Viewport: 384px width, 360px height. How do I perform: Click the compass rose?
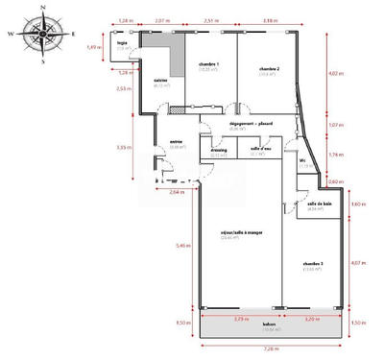coord(41,33)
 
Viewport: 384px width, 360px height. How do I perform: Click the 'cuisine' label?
coord(161,81)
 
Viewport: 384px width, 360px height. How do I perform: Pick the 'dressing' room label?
coord(219,149)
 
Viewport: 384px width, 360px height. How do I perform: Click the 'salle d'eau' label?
coord(261,148)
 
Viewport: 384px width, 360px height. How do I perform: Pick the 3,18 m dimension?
coord(271,19)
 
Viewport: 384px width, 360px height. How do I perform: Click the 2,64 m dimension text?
coord(175,192)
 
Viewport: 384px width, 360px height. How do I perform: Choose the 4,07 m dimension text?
coord(360,263)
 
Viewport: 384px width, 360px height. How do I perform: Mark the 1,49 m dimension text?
coord(93,47)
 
